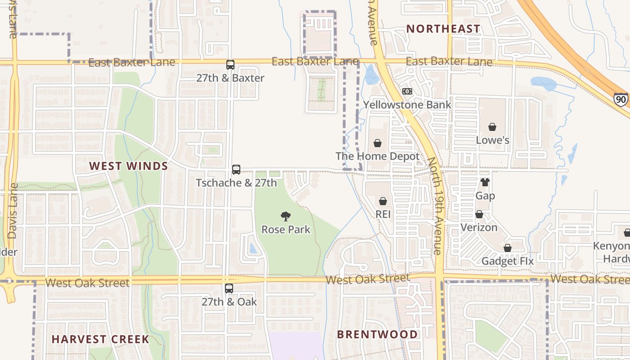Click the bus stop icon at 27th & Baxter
pos(230,65)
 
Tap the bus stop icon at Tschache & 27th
pos(236,170)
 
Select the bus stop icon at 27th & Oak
pos(229,288)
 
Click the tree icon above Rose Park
pos(285,216)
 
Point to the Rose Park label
pos(286,229)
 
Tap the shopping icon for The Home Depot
pos(377,143)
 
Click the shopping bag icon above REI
pos(382,201)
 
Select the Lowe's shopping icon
pos(492,127)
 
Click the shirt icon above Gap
pos(485,182)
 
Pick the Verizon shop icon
pos(479,214)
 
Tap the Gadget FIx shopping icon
pos(507,248)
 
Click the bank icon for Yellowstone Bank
pos(407,91)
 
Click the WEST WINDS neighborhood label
pos(128,166)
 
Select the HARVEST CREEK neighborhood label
pos(100,339)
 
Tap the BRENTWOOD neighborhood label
pos(377,334)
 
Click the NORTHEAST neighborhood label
pos(443,29)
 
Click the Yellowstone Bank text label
pos(407,105)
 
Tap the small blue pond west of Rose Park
pos(253,248)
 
